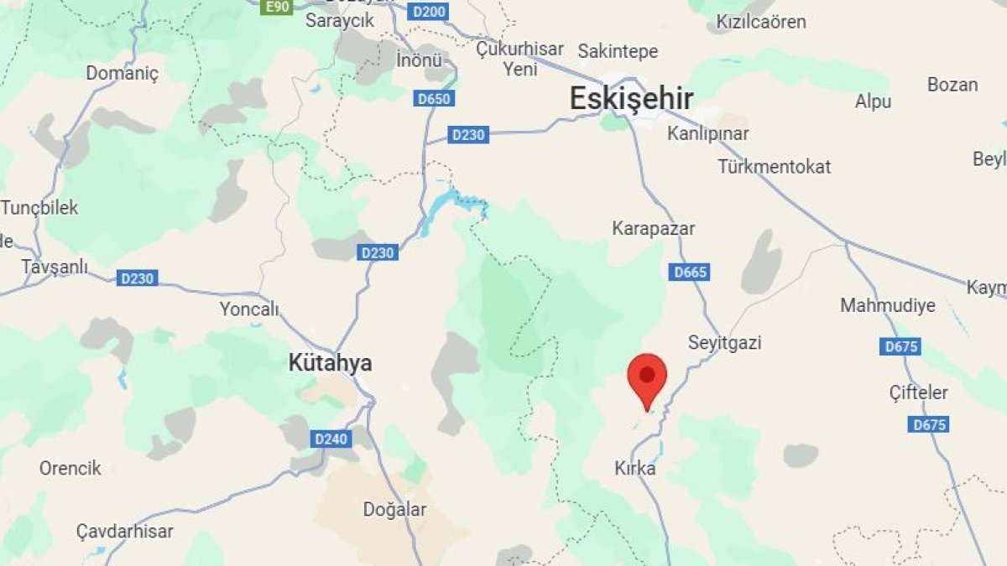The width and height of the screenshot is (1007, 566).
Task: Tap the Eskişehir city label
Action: (x=631, y=99)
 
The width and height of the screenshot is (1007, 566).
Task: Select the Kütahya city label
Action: (x=330, y=363)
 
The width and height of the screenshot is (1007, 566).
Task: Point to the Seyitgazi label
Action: (x=724, y=342)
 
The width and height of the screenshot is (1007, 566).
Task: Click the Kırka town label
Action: (x=634, y=469)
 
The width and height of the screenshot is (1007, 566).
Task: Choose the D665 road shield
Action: (x=690, y=272)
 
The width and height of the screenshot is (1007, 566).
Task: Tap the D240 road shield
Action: (x=329, y=438)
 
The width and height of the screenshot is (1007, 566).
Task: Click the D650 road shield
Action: (x=434, y=99)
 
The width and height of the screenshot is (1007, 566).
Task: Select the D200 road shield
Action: (x=430, y=12)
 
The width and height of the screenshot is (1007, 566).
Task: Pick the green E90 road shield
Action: (x=276, y=7)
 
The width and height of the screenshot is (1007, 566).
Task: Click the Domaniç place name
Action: (x=122, y=73)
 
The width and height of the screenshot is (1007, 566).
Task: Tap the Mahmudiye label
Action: (x=888, y=305)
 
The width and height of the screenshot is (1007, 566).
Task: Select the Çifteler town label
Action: (x=919, y=392)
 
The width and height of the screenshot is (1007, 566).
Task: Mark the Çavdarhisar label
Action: (x=124, y=531)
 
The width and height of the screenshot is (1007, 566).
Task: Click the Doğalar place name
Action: (x=394, y=509)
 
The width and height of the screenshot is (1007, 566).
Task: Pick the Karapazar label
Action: (x=653, y=228)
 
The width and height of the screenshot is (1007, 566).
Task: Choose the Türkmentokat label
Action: (x=774, y=166)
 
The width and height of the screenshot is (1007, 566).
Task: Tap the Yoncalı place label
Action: (x=248, y=309)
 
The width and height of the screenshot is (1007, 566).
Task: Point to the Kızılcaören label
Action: (x=760, y=22)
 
